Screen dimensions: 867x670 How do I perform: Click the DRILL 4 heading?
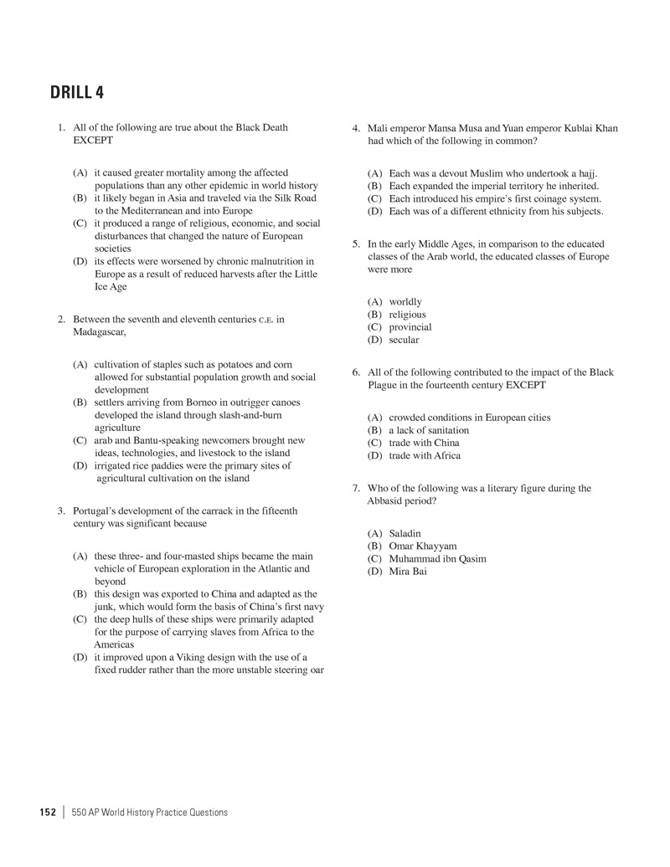pos(77,93)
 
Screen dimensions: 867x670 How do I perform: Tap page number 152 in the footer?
pos(48,812)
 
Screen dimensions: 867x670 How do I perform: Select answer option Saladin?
pos(405,533)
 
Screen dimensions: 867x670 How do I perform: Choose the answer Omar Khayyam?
pos(423,546)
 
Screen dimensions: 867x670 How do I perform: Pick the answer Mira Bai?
pos(407,572)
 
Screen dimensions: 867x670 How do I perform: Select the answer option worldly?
pos(405,301)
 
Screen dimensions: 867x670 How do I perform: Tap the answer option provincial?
pos(410,327)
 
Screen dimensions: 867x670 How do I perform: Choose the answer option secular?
pos(404,340)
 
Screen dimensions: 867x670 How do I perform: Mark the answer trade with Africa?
pos(425,455)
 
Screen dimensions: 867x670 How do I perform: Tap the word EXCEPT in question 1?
pos(93,141)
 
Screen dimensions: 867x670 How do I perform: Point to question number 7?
pos(356,488)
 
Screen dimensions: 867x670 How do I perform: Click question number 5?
pos(356,244)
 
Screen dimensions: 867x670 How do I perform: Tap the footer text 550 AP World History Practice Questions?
pos(150,812)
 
